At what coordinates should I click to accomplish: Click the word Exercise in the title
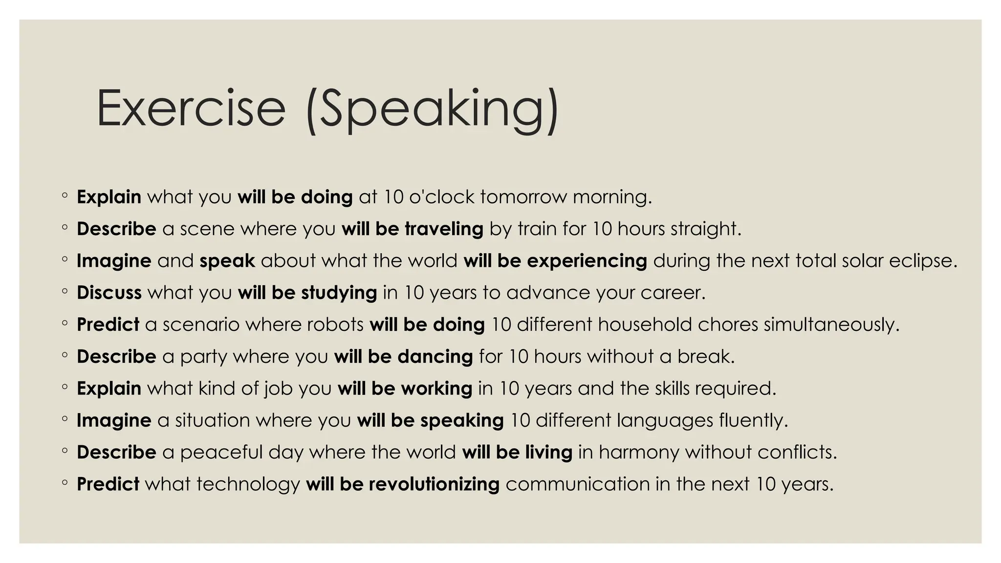click(x=191, y=108)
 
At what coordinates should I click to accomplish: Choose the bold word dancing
click(x=435, y=357)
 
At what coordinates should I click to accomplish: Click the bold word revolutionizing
click(x=434, y=484)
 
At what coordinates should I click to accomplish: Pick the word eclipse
click(x=922, y=261)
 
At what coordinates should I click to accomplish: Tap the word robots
click(x=335, y=325)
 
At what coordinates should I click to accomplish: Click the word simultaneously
click(x=831, y=325)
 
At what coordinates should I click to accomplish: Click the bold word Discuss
click(x=109, y=293)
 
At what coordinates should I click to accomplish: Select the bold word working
click(x=436, y=389)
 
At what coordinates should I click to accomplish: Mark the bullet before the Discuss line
click(x=65, y=293)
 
